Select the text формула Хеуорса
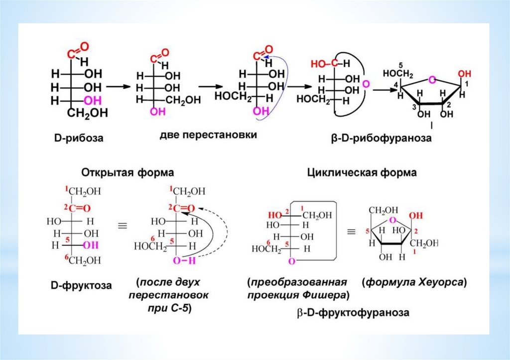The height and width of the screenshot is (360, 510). pyautogui.click(x=414, y=282)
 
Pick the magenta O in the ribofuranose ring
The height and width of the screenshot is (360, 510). pyautogui.click(x=432, y=79)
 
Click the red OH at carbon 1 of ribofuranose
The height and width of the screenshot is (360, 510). pyautogui.click(x=464, y=74)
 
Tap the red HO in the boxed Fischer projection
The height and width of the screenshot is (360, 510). pyautogui.click(x=274, y=215)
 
